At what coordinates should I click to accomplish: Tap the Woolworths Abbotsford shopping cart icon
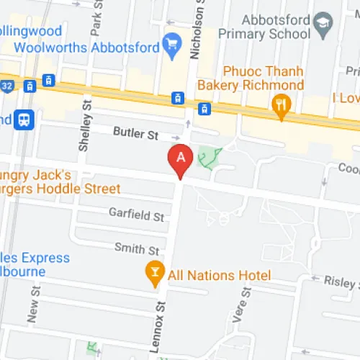(x=172, y=45)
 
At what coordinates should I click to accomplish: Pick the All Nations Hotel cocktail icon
(x=153, y=273)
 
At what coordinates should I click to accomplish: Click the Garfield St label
(x=136, y=215)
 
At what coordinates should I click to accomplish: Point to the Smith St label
(x=137, y=249)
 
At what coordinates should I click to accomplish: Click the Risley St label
(x=338, y=282)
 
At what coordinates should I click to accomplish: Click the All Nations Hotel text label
(x=219, y=276)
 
